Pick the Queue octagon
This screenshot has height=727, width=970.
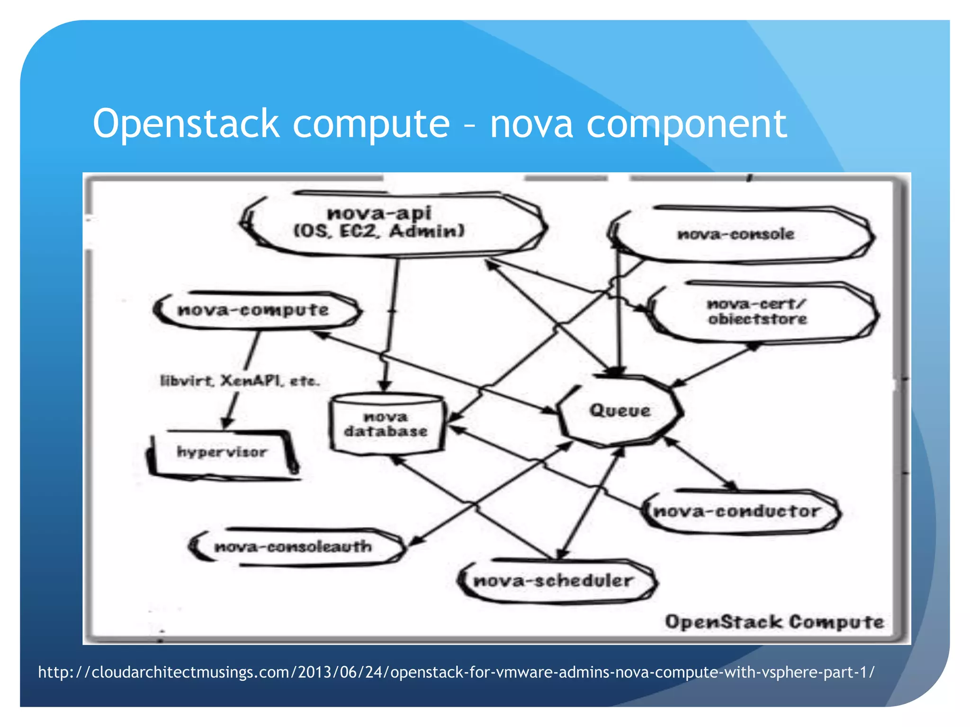coord(620,410)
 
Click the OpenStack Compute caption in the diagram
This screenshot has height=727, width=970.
coord(774,622)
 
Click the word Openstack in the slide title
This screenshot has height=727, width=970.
coord(186,124)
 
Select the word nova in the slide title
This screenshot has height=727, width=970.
coord(531,124)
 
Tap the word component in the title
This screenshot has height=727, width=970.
coord(687,124)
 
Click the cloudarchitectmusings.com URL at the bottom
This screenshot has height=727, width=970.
coord(456,672)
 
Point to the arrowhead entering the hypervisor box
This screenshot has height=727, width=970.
coord(227,423)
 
